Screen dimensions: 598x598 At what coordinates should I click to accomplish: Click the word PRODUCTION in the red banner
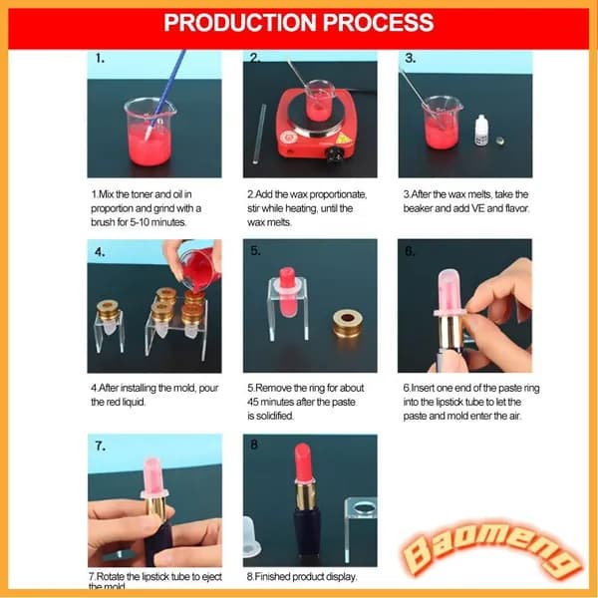pos(240,23)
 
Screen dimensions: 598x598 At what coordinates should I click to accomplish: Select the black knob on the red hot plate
pos(335,154)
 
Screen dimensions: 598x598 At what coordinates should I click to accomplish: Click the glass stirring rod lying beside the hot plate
pos(258,134)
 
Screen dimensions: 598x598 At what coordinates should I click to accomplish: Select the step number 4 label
pos(100,252)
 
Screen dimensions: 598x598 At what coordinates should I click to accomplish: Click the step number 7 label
pos(101,446)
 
